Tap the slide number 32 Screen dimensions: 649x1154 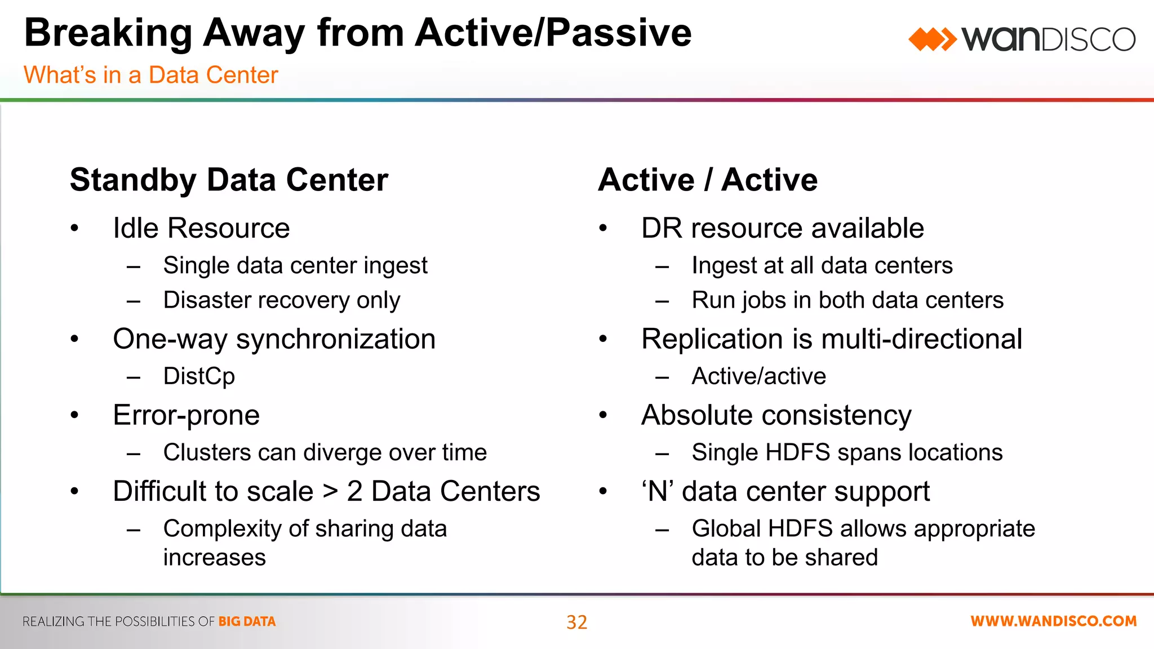point(576,622)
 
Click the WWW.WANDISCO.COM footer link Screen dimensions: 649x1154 point(1053,621)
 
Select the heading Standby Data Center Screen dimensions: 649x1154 point(229,180)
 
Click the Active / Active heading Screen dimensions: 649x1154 point(708,180)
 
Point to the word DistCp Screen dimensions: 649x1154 point(199,376)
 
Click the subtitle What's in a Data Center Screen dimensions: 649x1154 point(151,75)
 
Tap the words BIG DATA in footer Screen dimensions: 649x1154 point(247,621)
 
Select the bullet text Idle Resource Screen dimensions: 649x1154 point(201,228)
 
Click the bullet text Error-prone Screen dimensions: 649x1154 point(186,415)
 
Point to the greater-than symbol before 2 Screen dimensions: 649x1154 point(331,491)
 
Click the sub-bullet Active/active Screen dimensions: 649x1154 point(758,376)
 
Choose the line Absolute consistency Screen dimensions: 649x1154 point(776,415)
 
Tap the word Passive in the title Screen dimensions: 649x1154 point(619,33)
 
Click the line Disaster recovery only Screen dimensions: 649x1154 point(282,300)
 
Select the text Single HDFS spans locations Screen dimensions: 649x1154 point(847,452)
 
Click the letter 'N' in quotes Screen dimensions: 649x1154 point(658,491)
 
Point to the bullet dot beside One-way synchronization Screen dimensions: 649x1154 point(74,339)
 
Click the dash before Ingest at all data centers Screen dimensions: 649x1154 point(662,266)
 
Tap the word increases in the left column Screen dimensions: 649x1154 point(214,558)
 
